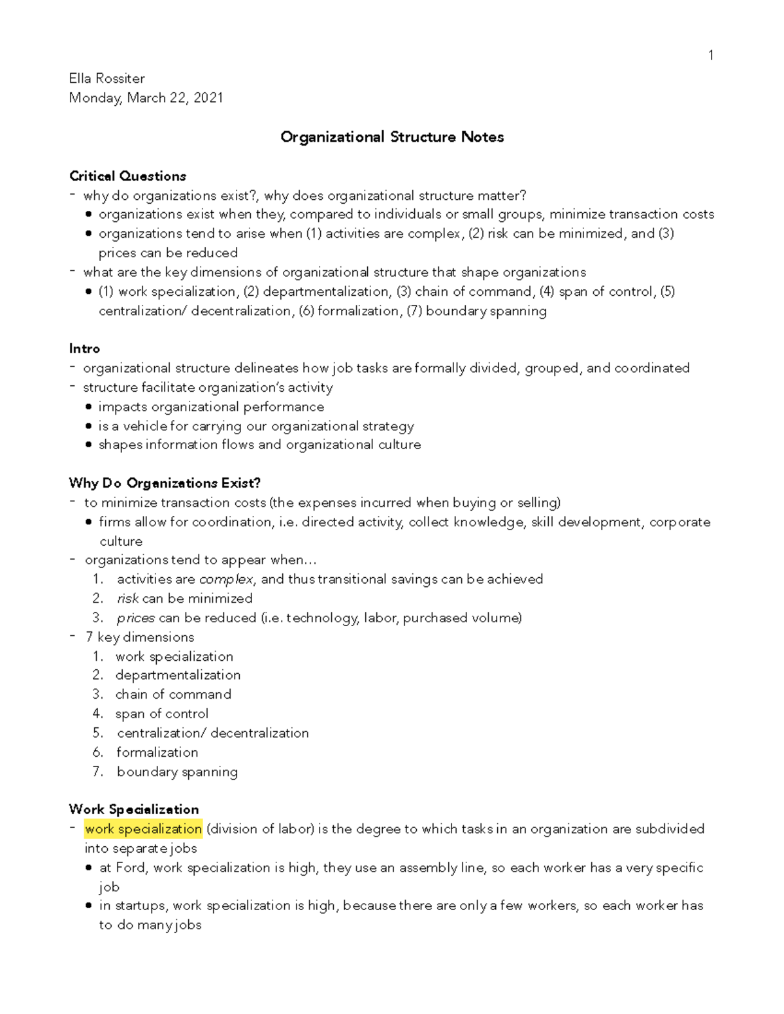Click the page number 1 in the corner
pyautogui.click(x=710, y=55)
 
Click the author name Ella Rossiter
pyautogui.click(x=106, y=78)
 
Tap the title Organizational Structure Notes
pyautogui.click(x=392, y=137)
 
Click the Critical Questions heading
pyautogui.click(x=127, y=176)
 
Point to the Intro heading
pyautogui.click(x=84, y=349)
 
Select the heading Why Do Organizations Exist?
pyautogui.click(x=165, y=483)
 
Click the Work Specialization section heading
pyautogui.click(x=134, y=810)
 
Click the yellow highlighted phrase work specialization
pyautogui.click(x=143, y=829)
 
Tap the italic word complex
pyautogui.click(x=225, y=579)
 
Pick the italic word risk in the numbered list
pyautogui.click(x=127, y=599)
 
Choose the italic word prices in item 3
pyautogui.click(x=135, y=618)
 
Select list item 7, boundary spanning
pyautogui.click(x=176, y=772)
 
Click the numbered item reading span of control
pyautogui.click(x=161, y=714)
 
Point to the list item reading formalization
pyautogui.click(x=157, y=752)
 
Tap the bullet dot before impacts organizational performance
pyautogui.click(x=88, y=407)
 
